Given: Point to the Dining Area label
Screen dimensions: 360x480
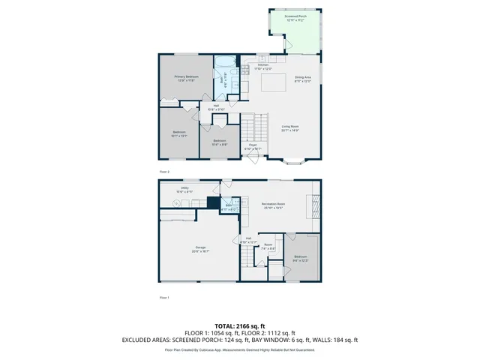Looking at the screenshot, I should point(303,79).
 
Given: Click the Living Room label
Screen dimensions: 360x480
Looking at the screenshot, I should point(290,128).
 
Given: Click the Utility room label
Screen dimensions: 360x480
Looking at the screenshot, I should point(184,189).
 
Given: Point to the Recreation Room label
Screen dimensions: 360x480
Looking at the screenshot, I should point(272,206).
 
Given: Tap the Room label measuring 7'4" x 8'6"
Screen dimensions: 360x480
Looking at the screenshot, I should point(268,246).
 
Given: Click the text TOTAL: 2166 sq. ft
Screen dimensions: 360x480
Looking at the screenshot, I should point(240,327).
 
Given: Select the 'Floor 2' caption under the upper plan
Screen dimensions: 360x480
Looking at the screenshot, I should point(164,172).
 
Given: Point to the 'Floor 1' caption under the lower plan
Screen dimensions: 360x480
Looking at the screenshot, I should point(164,298).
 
